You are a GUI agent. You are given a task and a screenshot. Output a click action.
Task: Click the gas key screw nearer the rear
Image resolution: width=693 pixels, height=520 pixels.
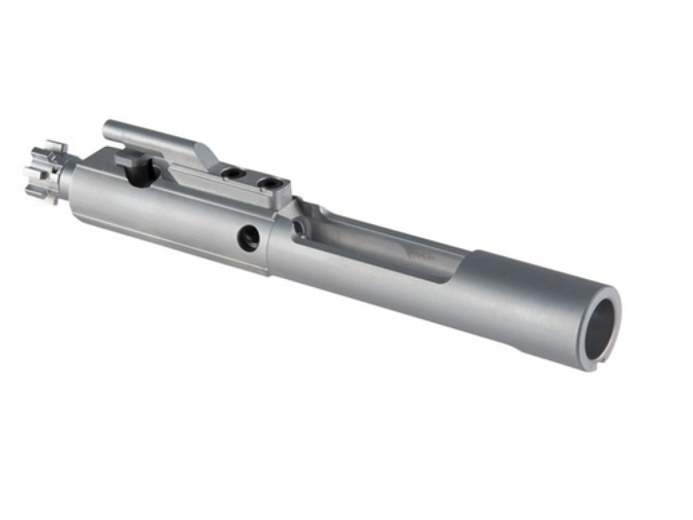(269, 182)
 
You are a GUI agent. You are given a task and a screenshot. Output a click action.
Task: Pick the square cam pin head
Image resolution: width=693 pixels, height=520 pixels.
(130, 161)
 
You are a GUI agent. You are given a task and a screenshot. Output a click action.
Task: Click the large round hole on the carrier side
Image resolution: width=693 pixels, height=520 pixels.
(248, 238)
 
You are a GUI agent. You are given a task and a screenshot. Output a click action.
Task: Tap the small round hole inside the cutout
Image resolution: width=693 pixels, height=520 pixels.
(298, 229)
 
